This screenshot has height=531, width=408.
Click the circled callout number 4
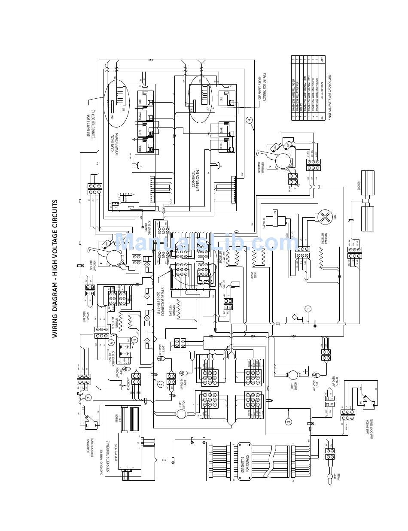[250, 120]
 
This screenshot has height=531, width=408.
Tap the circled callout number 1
[308, 309]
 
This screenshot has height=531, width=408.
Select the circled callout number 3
[289, 421]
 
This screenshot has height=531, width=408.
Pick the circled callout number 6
[111, 343]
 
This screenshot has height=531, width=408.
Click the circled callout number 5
[134, 340]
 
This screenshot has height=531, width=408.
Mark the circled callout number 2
[161, 384]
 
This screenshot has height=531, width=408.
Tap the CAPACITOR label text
[264, 220]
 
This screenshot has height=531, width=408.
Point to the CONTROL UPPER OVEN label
[196, 180]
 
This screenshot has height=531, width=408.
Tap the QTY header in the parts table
[322, 60]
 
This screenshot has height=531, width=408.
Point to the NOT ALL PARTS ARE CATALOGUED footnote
[329, 98]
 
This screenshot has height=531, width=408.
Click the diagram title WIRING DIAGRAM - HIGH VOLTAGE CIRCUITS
[55, 268]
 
